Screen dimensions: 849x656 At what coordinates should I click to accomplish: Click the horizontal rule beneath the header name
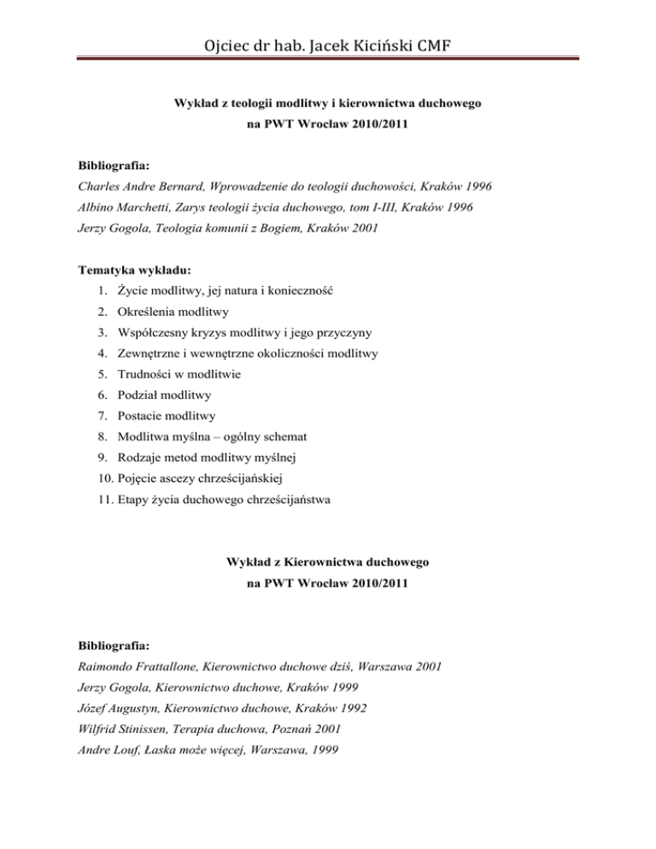click(328, 59)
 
